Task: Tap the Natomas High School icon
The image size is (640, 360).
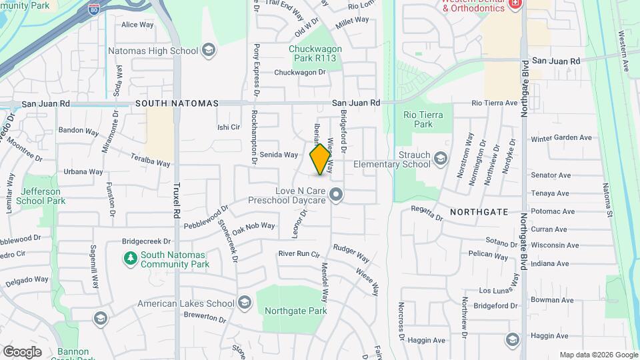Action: click(x=209, y=51)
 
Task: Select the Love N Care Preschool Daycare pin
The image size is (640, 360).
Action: click(x=337, y=195)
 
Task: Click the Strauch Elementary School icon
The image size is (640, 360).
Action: click(x=440, y=159)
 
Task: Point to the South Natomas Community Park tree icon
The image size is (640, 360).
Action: click(x=131, y=257)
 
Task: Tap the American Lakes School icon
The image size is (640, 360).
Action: click(x=244, y=304)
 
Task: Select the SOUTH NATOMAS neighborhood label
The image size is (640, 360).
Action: click(x=177, y=104)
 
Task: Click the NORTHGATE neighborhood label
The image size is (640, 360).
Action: click(x=479, y=212)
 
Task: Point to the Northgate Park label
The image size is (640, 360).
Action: click(x=295, y=311)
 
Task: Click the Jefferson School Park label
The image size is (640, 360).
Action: click(x=41, y=195)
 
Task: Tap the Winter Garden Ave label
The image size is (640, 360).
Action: click(x=561, y=138)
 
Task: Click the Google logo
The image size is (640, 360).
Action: click(x=22, y=352)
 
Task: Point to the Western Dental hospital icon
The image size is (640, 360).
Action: click(x=514, y=5)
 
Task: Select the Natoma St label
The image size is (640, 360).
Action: click(x=608, y=200)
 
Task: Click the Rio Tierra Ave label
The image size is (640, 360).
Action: click(x=494, y=103)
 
